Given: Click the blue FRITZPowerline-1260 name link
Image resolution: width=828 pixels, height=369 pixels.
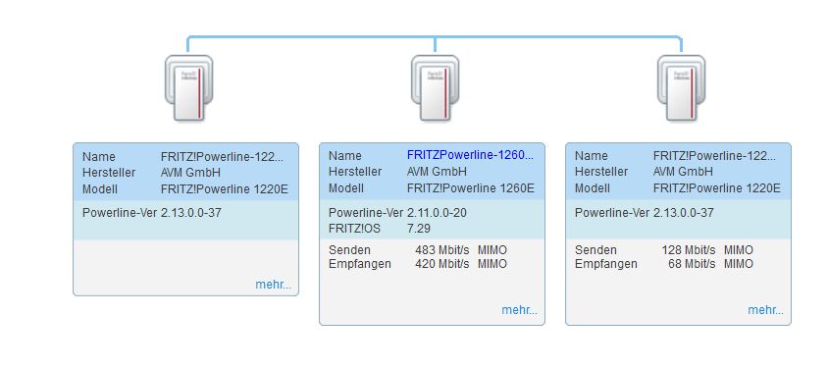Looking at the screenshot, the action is point(470,155).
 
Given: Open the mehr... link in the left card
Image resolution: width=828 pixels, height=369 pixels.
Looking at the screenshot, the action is point(273,285).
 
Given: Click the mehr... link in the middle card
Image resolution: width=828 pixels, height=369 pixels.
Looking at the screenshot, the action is point(520,310).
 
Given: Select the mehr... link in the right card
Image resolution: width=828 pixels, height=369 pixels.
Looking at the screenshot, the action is point(765,310).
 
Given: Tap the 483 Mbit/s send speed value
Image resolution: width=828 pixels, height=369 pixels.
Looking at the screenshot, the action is point(442,249).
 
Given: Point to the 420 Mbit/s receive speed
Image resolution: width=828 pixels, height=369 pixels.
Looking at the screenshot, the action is point(442,263).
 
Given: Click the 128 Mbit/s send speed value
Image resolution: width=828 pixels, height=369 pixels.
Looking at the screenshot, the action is point(689,249).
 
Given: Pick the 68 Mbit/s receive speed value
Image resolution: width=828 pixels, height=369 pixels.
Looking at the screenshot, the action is point(692,263).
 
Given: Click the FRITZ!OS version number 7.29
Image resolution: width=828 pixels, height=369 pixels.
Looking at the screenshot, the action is point(419,229).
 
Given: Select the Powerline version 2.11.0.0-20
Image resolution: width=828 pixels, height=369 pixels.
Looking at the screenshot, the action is point(437,213).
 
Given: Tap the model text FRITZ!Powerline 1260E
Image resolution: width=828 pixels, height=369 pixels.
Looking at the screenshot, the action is point(471,187).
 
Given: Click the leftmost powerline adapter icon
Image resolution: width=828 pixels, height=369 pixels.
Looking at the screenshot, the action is point(188,88).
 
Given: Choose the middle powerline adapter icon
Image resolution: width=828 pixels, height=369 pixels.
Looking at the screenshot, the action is point(436,88).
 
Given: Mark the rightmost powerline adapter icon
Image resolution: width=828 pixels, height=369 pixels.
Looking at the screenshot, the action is point(681,88).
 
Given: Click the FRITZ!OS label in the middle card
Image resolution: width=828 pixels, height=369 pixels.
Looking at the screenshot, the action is point(354,229).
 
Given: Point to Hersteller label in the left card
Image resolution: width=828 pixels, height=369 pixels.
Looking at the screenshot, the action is point(109,173).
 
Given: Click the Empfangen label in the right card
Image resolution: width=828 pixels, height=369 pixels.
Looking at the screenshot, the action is point(606,263).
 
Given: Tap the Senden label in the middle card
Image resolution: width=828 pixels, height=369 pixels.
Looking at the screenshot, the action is point(349,249).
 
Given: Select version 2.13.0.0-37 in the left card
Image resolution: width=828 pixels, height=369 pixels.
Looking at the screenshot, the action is point(191,213).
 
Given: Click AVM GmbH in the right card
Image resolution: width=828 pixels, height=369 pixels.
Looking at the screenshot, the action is point(683,172).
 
